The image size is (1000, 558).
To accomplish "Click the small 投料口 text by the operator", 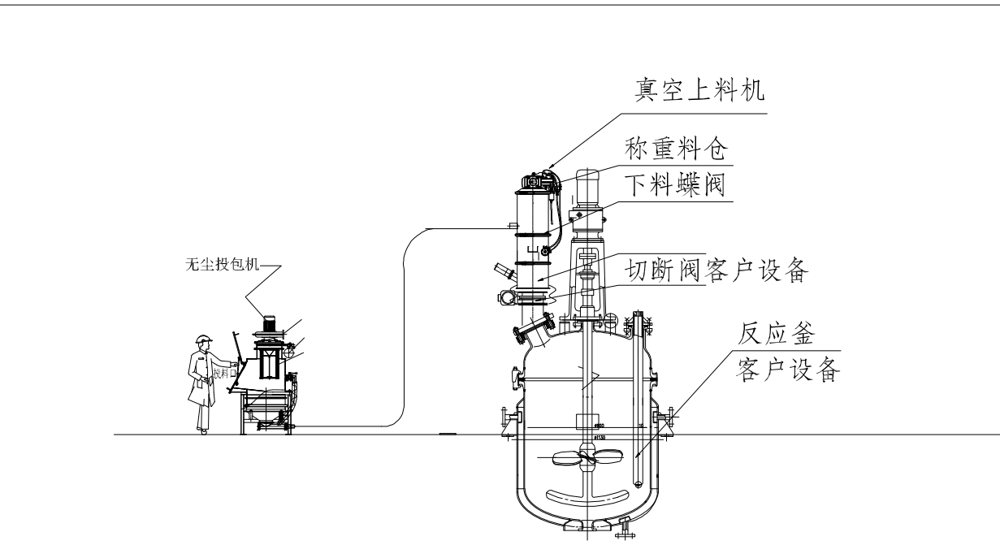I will coord(223,374).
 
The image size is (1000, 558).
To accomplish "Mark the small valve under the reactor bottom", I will coord(624,531).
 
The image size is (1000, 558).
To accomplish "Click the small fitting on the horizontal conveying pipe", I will coord(512,226).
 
